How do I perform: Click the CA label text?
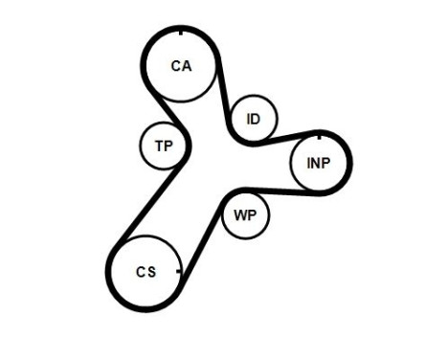(181, 66)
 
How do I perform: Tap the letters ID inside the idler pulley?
(253, 119)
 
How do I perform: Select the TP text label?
(163, 146)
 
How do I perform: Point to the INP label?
(319, 163)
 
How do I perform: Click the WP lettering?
(244, 214)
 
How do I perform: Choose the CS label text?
(145, 272)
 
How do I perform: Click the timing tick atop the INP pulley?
(320, 131)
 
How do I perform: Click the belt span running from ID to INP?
(287, 136)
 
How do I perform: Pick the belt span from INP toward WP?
(273, 189)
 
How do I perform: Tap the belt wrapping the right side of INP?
(350, 162)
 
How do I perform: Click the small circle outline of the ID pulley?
(253, 99)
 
